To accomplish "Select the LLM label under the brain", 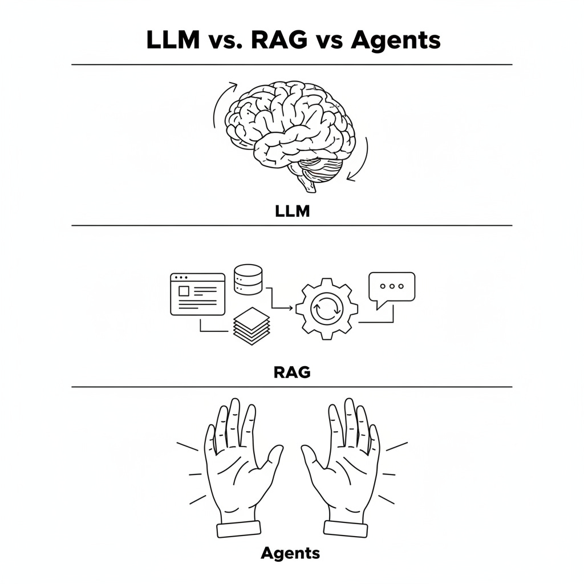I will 291,212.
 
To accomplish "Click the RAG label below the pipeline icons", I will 292,372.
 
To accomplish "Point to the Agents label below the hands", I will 290,553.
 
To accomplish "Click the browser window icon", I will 198,294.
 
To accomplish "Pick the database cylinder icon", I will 248,279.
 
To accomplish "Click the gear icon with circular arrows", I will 327,309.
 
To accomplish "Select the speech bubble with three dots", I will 391,287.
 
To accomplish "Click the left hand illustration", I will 237,468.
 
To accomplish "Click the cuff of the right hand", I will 348,529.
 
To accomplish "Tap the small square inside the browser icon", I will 184,291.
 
